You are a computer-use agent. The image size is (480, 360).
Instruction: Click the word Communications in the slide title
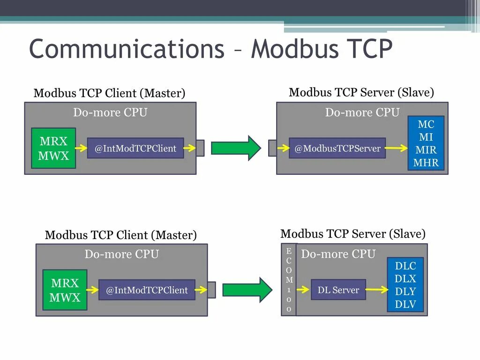(x=127, y=49)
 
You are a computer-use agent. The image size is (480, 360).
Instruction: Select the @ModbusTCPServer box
(x=337, y=148)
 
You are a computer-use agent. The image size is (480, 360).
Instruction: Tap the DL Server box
(x=338, y=290)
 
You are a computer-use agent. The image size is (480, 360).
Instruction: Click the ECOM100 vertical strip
(x=289, y=280)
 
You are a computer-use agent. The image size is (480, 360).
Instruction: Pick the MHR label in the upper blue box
(x=426, y=163)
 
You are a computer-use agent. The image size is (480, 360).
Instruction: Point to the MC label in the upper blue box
(x=426, y=124)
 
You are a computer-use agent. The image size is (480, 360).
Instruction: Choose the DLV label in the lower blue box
(x=405, y=304)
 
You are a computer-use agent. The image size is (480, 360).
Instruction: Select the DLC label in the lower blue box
(x=405, y=266)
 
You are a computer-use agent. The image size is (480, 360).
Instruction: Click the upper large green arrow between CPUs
(x=236, y=148)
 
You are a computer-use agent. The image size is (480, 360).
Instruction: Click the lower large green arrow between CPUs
(x=247, y=290)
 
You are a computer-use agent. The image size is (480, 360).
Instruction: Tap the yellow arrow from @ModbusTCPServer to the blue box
(x=396, y=148)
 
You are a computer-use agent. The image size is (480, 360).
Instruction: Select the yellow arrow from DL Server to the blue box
(x=377, y=290)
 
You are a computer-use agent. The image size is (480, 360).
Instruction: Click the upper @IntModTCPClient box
(x=135, y=148)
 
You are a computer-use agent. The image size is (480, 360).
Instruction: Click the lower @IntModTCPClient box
(x=147, y=290)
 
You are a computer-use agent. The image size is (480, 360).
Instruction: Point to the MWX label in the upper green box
(x=53, y=156)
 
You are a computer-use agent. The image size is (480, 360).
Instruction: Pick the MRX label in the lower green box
(x=65, y=283)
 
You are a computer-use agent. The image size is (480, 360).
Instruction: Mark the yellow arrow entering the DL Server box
(x=303, y=290)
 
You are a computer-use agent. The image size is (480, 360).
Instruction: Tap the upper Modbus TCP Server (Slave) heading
(x=361, y=92)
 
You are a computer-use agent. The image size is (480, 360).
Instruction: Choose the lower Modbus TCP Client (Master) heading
(x=120, y=235)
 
